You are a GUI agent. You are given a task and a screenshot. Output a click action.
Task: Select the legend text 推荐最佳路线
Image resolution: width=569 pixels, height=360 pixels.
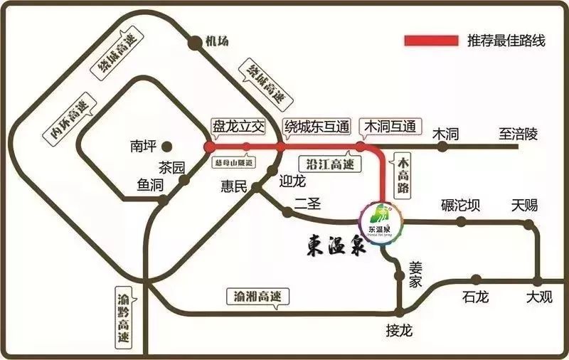(506, 41)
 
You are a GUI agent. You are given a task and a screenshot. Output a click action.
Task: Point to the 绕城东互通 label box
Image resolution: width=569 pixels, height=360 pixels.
(317, 127)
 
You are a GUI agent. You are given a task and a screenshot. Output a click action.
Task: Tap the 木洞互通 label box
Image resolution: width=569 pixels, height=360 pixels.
(389, 127)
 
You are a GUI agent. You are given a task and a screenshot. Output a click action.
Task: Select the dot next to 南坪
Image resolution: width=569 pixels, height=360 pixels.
(166, 147)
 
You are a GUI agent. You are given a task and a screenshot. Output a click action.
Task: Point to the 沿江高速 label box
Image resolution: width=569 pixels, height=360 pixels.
(329, 163)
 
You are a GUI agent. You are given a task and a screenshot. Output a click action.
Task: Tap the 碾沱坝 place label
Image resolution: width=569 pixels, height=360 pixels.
(460, 206)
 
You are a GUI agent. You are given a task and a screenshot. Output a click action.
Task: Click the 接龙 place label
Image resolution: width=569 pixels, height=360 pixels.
(399, 331)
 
